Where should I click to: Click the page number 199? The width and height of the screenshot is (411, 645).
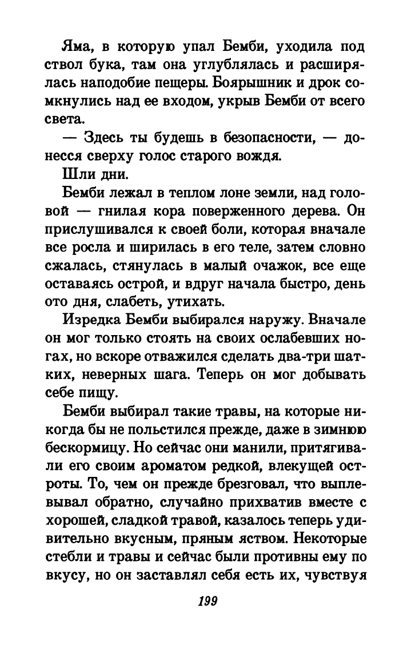tap(206, 601)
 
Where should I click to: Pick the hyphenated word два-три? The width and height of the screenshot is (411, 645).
tap(313, 359)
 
